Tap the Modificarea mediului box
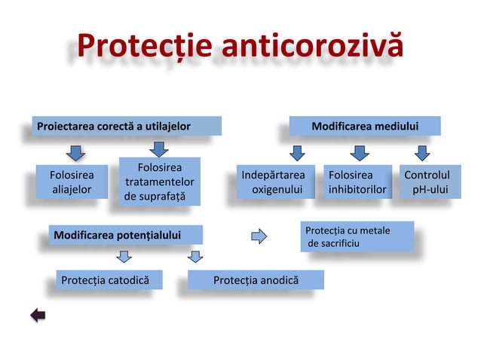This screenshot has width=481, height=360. click(366, 126)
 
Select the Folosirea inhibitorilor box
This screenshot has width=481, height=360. click(357, 183)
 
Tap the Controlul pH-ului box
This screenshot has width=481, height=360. click(427, 183)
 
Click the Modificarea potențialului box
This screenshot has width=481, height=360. click(125, 236)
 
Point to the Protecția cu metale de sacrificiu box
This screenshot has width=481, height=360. click(357, 236)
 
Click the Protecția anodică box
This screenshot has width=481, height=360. click(256, 281)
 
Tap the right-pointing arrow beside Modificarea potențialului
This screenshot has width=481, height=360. click(259, 236)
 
